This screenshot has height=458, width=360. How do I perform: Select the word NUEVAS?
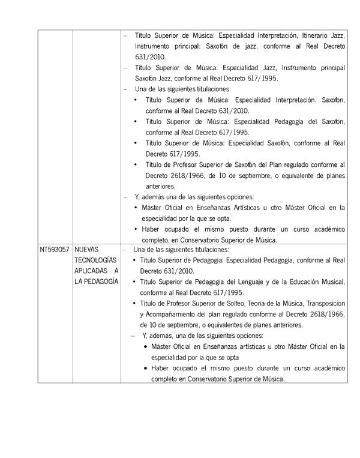(x=88, y=249)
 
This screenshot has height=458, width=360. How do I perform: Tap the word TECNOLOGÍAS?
(x=96, y=260)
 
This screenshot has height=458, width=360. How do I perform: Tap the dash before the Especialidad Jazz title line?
(x=125, y=68)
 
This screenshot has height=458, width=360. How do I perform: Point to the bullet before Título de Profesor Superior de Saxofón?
(x=136, y=164)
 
